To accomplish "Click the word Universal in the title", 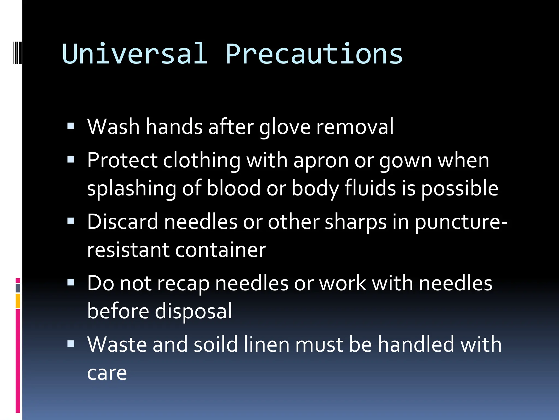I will (134, 54).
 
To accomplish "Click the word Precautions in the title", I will (314, 54).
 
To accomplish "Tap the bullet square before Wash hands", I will (71, 126).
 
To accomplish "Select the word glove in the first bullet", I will (285, 127).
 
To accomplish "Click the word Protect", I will (122, 160).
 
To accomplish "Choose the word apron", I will (321, 161).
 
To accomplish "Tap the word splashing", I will (132, 189).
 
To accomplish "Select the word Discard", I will (123, 221).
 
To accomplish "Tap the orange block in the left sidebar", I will (18, 301).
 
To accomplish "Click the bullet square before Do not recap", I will (71, 282).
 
